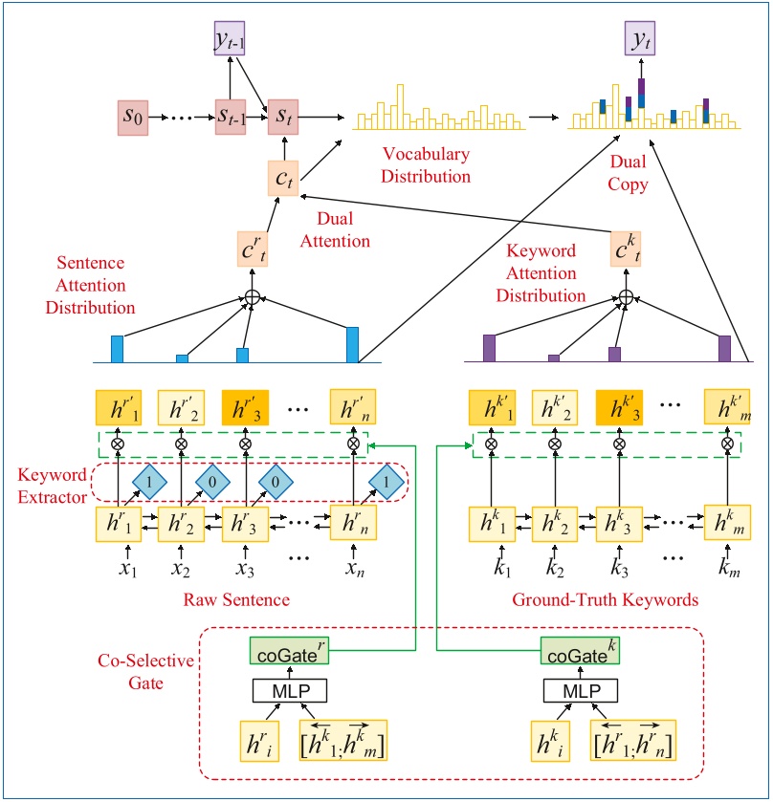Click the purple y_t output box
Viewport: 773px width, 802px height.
coord(640,39)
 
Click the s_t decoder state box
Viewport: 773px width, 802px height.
coord(284,117)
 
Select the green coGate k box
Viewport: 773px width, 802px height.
coord(572,653)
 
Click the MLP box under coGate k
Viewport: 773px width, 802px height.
coord(572,691)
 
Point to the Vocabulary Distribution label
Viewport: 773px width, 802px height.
coord(427,165)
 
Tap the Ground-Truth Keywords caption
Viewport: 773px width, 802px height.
coord(607,599)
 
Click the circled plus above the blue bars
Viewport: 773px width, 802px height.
coord(252,297)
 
